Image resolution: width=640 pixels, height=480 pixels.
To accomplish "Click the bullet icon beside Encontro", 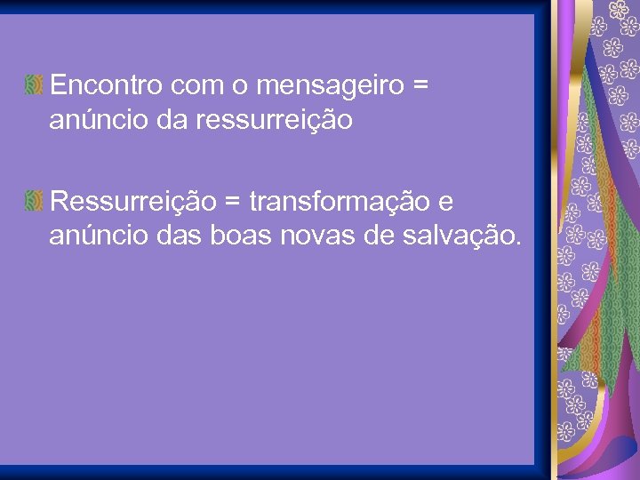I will pos(35,86).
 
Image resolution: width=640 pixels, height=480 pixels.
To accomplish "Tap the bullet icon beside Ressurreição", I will pos(35,203).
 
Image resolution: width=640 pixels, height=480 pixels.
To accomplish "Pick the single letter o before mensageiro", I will pos(239,86).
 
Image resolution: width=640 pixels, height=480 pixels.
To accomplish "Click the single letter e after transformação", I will pos(446,204).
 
